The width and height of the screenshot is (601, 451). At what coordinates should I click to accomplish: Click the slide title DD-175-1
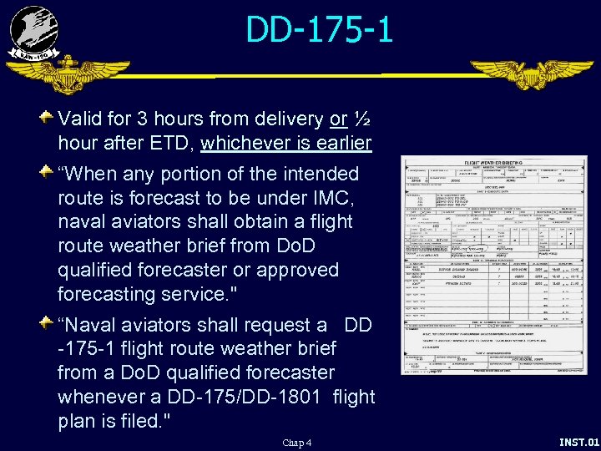click(319, 31)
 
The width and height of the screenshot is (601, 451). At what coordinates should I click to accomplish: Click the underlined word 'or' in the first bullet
click(338, 119)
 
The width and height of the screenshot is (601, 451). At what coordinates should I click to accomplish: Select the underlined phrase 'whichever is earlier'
click(285, 144)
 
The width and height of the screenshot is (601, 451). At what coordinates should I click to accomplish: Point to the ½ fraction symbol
click(361, 119)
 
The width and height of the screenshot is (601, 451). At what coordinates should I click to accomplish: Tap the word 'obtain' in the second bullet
click(260, 222)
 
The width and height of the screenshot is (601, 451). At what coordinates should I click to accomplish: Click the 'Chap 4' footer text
click(296, 443)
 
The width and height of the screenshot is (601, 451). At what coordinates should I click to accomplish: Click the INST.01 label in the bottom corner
click(578, 442)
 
